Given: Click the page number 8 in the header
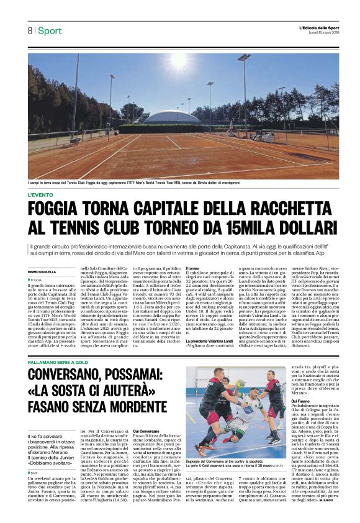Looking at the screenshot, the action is tap(29, 30).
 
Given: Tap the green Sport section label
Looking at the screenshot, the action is tap(50, 30).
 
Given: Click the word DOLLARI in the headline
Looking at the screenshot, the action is tap(300, 228).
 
